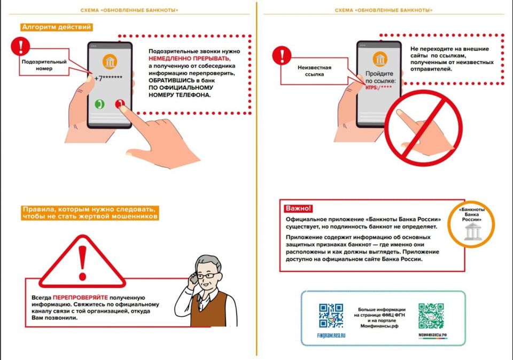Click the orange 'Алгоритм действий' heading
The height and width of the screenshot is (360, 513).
coord(57,27)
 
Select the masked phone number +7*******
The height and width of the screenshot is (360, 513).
coord(109,79)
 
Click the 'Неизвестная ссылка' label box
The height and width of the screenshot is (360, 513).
coord(314,71)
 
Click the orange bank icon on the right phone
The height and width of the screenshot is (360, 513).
coord(380,59)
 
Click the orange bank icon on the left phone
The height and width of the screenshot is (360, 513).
coord(110,61)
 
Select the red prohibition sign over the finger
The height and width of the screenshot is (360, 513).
coord(423,124)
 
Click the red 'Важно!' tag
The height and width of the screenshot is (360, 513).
coord(298,208)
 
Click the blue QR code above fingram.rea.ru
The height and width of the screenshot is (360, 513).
coord(331,316)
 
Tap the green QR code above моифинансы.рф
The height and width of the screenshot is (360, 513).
coord(431,316)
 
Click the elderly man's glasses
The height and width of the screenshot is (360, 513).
coord(211,275)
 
